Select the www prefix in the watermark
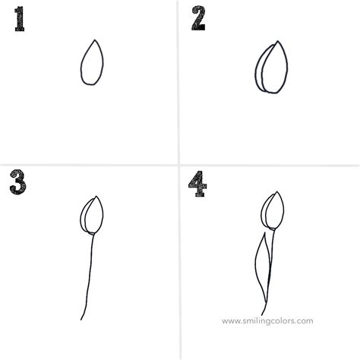[231, 321]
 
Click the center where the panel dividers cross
[179, 166]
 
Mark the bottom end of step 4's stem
[263, 314]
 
